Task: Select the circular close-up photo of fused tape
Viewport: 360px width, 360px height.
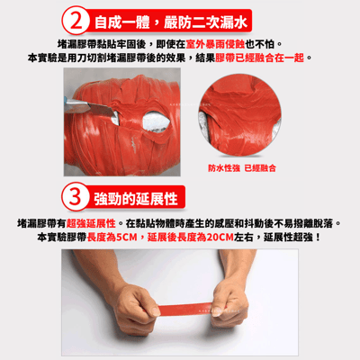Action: pyautogui.click(x=243, y=117)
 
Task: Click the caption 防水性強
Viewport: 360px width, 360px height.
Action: pyautogui.click(x=224, y=168)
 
